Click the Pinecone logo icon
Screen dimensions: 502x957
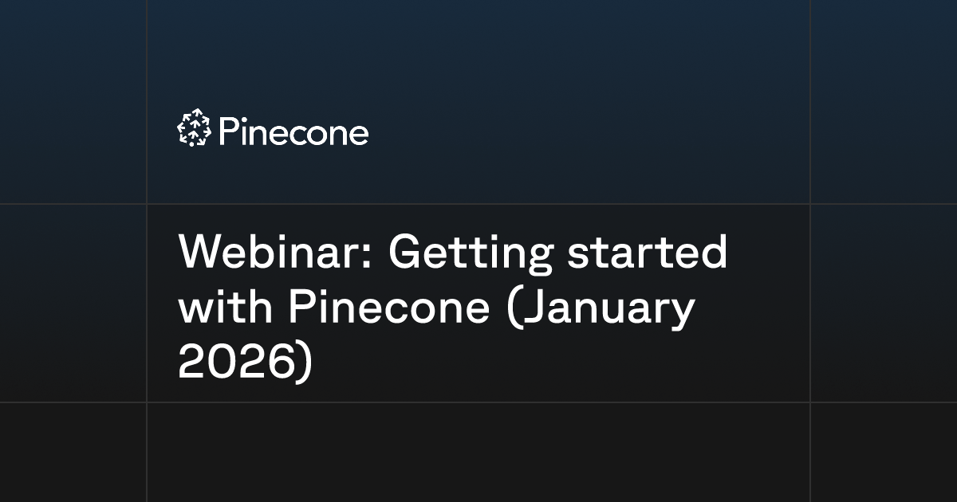coord(193,128)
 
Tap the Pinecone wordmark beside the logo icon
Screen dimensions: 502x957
coord(293,131)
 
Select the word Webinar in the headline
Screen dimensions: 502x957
coord(277,254)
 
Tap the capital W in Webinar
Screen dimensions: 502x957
coord(200,254)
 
